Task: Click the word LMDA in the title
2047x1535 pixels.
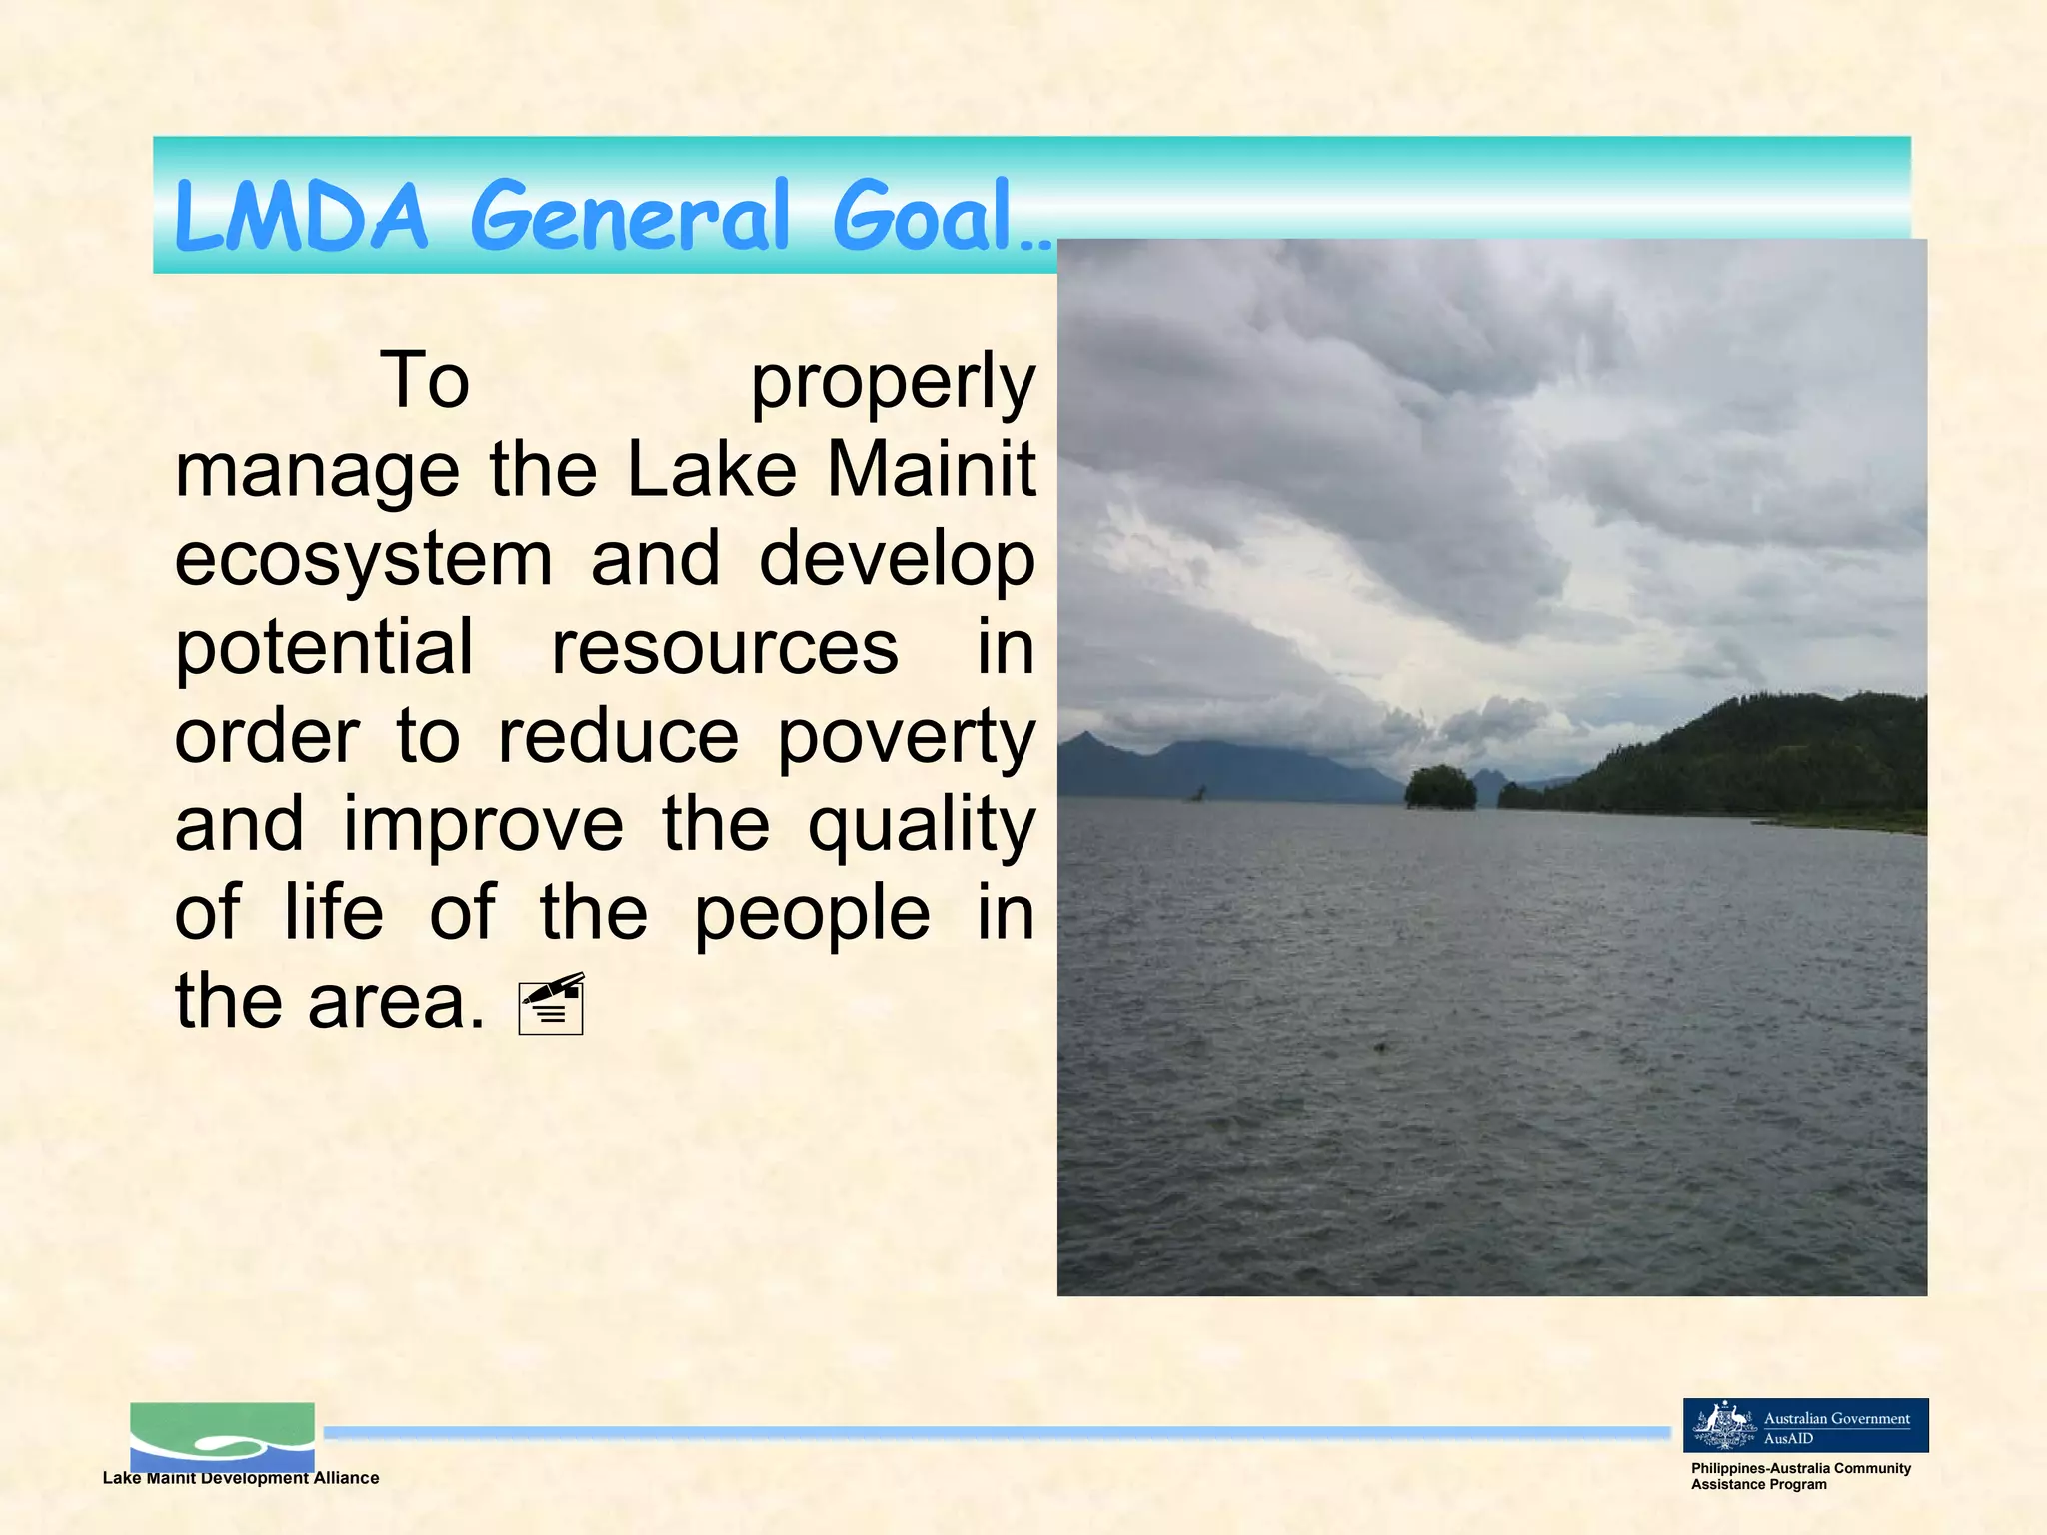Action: [300, 216]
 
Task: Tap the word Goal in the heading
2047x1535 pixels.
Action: [925, 216]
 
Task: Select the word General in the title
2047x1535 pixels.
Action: [630, 216]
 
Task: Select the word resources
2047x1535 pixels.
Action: [725, 648]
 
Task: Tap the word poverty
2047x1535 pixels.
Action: [906, 738]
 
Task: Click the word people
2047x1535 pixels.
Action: [812, 915]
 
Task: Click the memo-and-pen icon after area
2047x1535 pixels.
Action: [552, 1003]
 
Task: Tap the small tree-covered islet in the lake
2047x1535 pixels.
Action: [1440, 787]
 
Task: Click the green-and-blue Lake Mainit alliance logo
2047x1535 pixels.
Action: [222, 1435]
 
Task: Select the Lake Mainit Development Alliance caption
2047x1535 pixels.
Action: [241, 1478]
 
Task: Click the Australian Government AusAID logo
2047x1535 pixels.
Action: [1805, 1425]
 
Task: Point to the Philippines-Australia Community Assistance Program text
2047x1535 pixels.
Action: [1799, 1476]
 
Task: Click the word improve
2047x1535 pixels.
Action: [483, 825]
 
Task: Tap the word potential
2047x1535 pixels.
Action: [324, 648]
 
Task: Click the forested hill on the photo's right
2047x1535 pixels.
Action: [1759, 755]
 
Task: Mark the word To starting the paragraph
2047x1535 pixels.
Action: [424, 381]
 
